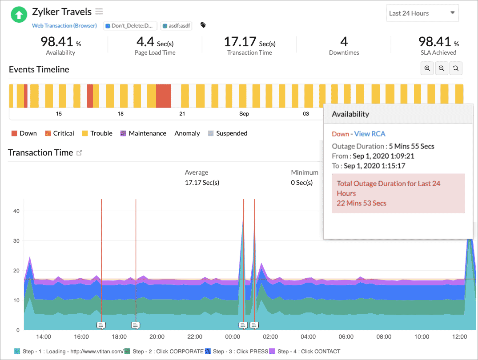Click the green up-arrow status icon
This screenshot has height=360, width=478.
pos(19,15)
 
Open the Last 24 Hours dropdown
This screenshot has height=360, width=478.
pos(422,13)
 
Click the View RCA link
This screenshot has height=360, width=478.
pos(370,134)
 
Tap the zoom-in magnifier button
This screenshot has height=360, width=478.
pos(427,68)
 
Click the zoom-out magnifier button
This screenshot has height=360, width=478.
pos(441,68)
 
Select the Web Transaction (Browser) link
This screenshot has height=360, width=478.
pos(64,26)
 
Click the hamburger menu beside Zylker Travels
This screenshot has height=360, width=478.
pos(99,12)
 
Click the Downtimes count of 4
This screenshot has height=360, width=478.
pos(344,42)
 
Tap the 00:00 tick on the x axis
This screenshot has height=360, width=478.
pos(233,336)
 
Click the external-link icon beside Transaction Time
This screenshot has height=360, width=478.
pos(80,153)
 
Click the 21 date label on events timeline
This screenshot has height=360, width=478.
pos(182,114)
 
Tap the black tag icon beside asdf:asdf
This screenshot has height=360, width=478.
pos(203,25)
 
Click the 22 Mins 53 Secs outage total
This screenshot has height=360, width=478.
pos(362,203)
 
